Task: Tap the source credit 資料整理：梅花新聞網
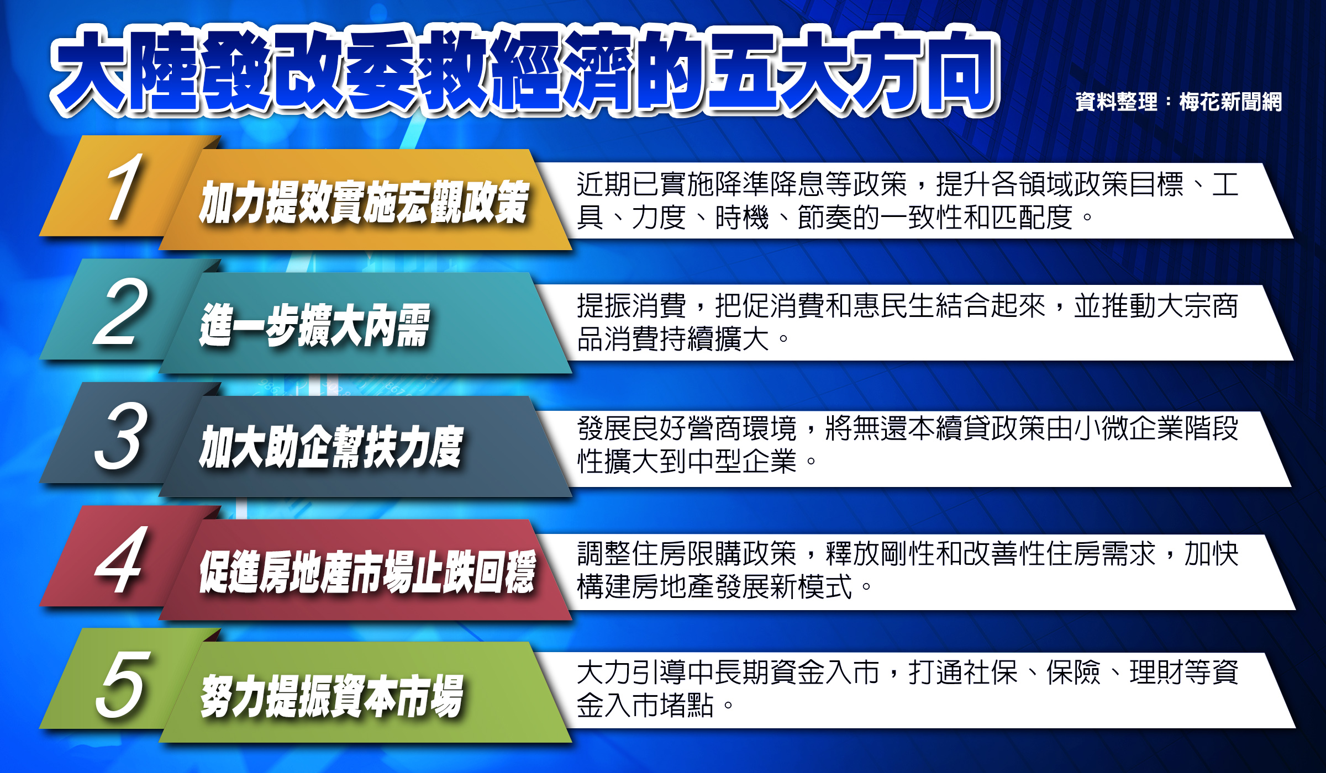click(1178, 102)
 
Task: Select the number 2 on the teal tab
click(121, 312)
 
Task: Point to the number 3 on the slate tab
click(121, 436)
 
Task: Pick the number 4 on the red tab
click(121, 559)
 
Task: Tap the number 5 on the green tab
click(123, 684)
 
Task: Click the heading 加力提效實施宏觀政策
click(365, 202)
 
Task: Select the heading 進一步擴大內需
click(315, 326)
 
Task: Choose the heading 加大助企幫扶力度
click(331, 447)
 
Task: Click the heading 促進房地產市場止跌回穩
click(367, 572)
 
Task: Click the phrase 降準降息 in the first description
click(770, 184)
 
